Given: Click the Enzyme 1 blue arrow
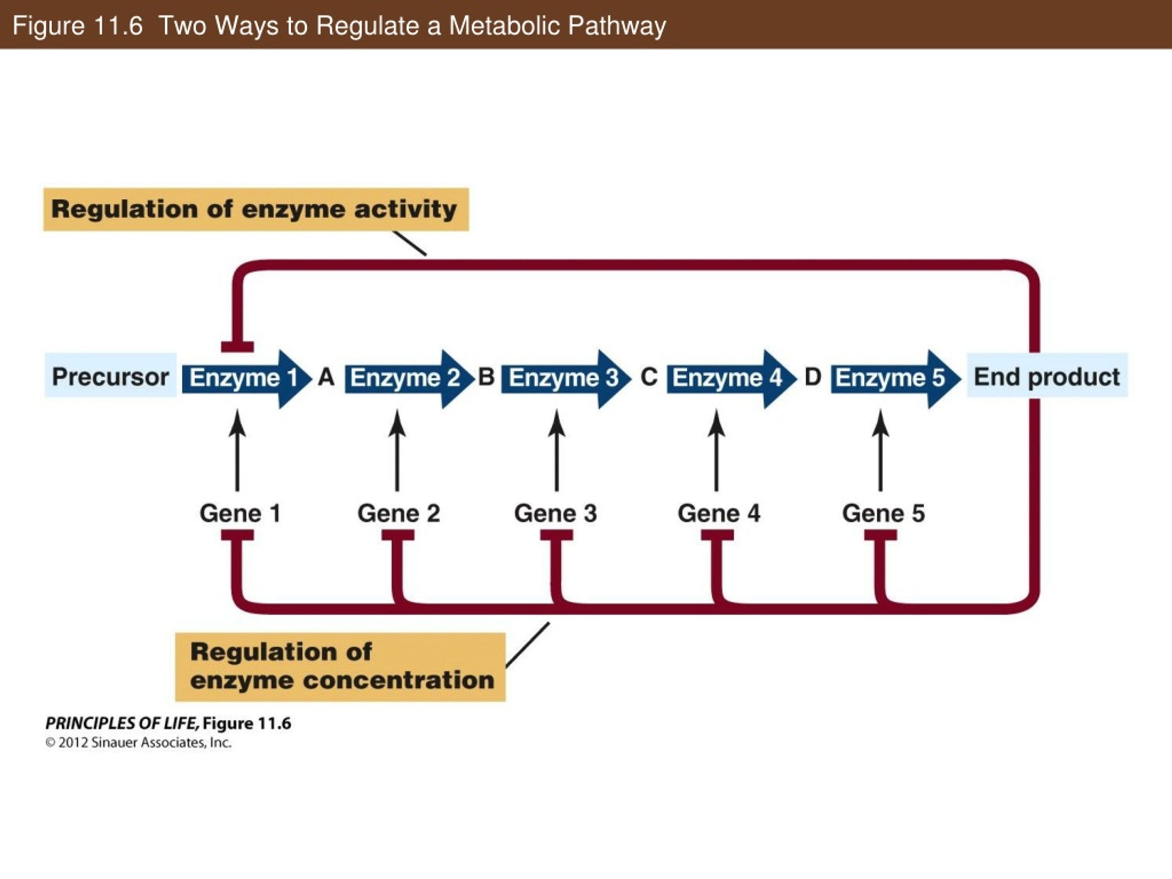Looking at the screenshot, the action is click(246, 379).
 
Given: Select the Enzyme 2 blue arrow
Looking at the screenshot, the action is click(409, 379).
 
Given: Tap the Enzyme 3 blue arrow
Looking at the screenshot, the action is click(566, 379).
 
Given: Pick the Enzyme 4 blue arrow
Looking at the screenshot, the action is click(731, 379).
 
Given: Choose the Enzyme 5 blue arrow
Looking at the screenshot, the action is click(895, 379).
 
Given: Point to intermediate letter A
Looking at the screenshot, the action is click(326, 377).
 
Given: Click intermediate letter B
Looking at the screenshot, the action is click(486, 377).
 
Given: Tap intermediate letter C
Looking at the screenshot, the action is click(649, 377).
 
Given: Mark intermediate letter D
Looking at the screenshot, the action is click(813, 377).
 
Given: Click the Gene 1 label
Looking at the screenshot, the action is click(240, 513).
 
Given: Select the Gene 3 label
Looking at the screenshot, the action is click(556, 513).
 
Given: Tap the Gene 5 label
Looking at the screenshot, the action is click(884, 513).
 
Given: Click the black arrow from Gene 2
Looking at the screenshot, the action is click(397, 450).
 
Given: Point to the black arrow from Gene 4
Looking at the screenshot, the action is click(716, 450).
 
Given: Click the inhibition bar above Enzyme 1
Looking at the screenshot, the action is click(237, 347).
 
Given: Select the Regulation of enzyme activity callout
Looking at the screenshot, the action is click(256, 209).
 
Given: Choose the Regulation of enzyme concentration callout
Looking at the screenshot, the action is click(340, 667).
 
